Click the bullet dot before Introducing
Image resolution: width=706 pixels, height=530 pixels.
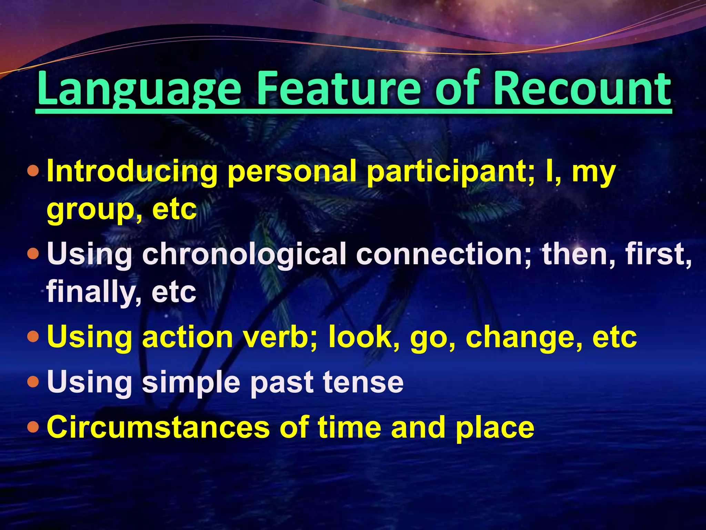click(x=33, y=171)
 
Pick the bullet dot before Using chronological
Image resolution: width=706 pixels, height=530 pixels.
click(x=33, y=254)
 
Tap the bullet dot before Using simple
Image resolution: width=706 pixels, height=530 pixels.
click(x=33, y=382)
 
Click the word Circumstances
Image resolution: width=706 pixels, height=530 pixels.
click(x=158, y=427)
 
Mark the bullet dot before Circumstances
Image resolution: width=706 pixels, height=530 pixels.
click(x=33, y=427)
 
